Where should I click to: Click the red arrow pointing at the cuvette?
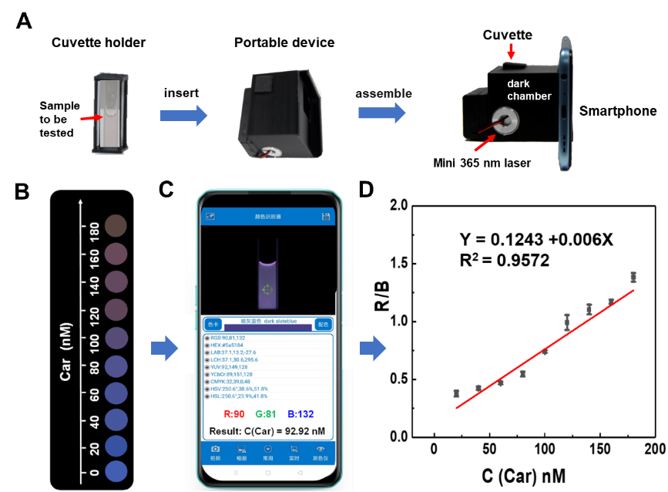[x=90, y=118]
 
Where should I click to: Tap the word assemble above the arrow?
[x=384, y=93]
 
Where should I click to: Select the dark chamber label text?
[x=529, y=89]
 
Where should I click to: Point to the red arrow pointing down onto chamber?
[x=512, y=52]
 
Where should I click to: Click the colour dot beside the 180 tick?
[x=116, y=225]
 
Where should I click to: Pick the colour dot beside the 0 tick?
[x=116, y=472]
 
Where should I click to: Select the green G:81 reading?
[x=267, y=414]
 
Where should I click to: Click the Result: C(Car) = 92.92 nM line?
[x=267, y=431]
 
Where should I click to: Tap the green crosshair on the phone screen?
[x=267, y=290]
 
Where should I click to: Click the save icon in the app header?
[x=327, y=217]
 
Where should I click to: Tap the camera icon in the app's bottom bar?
[x=215, y=450]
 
